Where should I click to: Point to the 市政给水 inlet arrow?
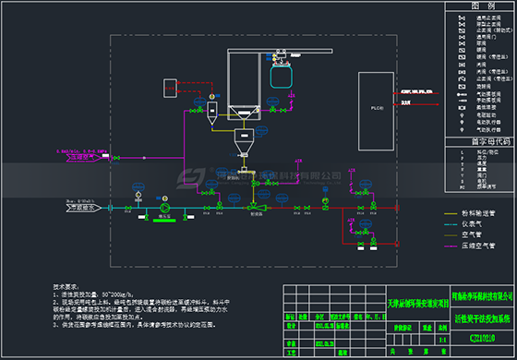point(58,208)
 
